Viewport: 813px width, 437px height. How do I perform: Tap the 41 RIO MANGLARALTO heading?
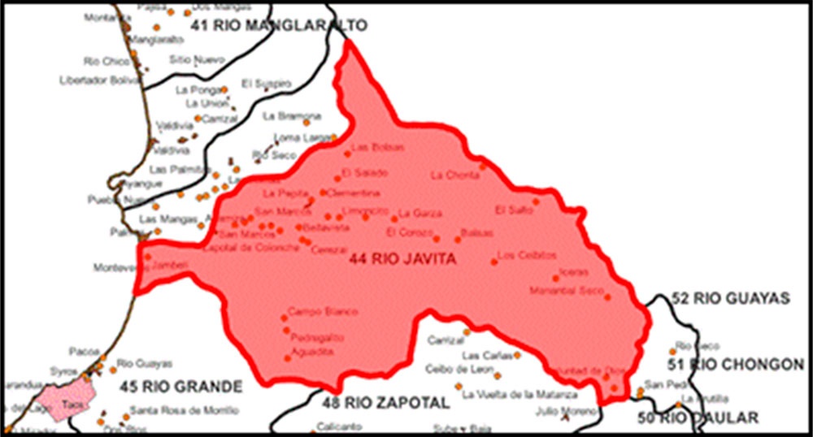[278, 26]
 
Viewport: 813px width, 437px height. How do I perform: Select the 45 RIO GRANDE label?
[180, 386]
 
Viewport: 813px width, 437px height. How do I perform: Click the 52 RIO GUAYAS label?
[731, 299]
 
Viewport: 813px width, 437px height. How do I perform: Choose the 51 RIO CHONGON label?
[736, 365]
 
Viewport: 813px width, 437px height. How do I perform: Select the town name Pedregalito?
[317, 337]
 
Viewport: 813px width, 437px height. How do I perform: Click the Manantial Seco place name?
[566, 290]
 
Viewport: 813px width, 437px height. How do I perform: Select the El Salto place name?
[513, 210]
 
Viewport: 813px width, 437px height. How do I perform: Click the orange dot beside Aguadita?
[287, 357]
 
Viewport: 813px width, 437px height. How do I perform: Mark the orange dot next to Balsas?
[458, 239]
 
